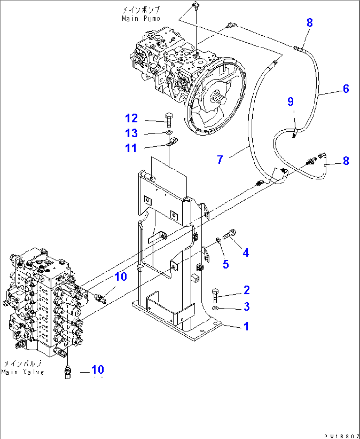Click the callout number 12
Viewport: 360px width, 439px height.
point(131,118)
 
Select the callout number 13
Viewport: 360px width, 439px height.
point(131,133)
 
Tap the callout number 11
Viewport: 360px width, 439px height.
point(131,148)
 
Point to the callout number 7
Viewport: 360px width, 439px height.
point(220,160)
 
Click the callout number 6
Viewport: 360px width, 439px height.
point(346,89)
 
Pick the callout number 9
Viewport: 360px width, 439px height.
point(290,101)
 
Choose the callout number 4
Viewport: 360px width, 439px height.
point(246,253)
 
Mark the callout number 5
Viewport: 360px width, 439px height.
point(226,264)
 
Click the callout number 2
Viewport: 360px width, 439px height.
point(246,290)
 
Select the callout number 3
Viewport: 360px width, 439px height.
point(246,307)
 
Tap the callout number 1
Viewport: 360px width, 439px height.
point(246,326)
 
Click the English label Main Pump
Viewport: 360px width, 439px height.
point(141,18)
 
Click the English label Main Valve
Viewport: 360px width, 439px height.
point(22,372)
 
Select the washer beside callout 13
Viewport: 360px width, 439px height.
point(169,133)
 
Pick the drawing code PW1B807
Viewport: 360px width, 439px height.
point(342,436)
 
